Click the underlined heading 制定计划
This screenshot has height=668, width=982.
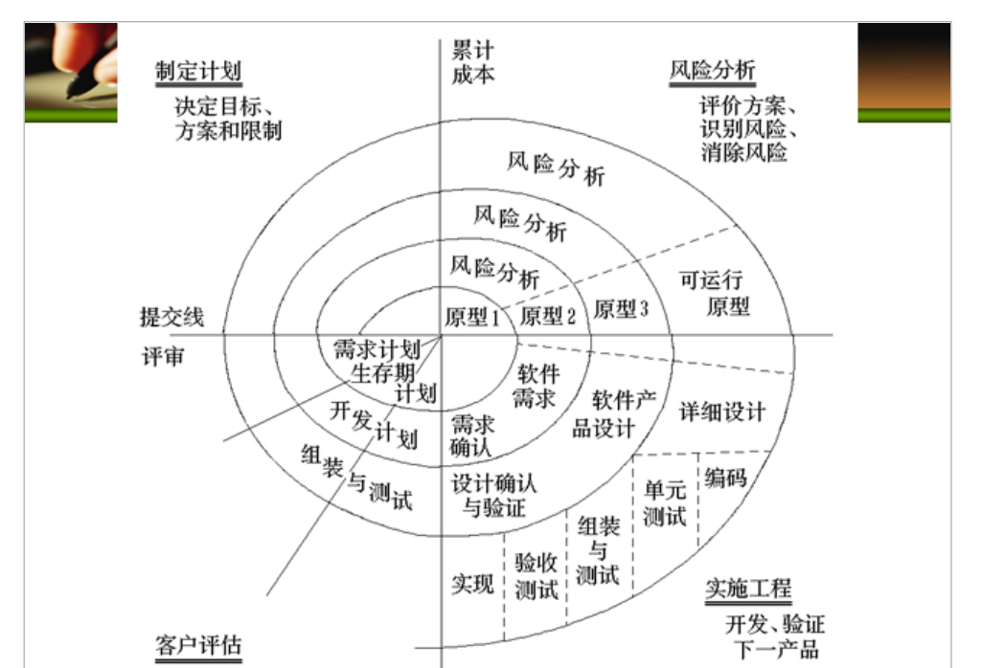[198, 72]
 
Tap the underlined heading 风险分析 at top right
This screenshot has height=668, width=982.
[712, 71]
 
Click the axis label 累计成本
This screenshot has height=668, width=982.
[473, 61]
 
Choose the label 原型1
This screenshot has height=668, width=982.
[472, 317]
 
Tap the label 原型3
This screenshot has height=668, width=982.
[622, 310]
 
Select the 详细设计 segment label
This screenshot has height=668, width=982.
[722, 412]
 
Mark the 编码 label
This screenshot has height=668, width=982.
[725, 477]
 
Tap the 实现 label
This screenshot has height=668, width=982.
[472, 583]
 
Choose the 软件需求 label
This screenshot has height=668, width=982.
[536, 386]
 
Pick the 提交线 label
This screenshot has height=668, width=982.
[171, 318]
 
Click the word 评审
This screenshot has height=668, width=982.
[163, 358]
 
